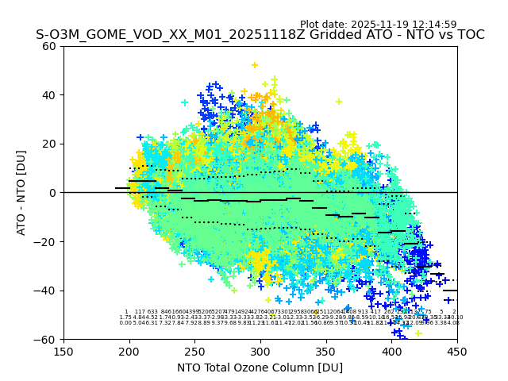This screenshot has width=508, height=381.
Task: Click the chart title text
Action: pos(260,35)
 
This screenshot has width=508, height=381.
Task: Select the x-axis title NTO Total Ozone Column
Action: pos(260,368)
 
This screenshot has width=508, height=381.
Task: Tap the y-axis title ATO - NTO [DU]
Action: pos(21,192)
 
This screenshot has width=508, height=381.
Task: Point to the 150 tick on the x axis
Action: pos(63,352)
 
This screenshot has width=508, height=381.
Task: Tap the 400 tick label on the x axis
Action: pos(391,352)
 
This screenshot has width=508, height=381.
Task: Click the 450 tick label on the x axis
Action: pos(457,352)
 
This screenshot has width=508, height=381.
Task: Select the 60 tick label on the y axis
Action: pos(49,46)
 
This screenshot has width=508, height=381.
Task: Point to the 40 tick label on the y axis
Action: pos(49,95)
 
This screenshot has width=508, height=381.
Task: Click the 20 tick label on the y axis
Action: pos(49,144)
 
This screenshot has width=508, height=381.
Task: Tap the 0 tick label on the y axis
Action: pos(52,193)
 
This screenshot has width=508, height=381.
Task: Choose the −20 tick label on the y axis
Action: pos(46,241)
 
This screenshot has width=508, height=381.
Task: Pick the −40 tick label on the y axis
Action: pos(46,291)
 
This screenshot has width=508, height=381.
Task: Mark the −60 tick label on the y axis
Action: pos(46,339)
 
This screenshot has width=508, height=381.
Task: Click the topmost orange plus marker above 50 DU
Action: pos(255,65)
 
